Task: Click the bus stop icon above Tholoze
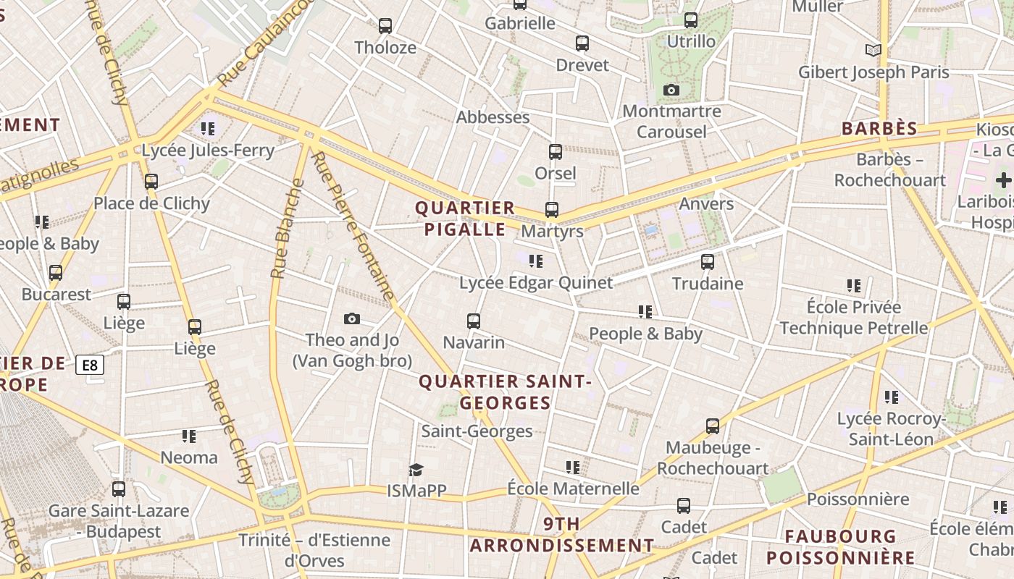point(385,26)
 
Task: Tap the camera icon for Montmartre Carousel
point(671,90)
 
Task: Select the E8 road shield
point(90,365)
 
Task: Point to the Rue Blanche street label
point(287,228)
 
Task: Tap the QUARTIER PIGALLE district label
point(465,219)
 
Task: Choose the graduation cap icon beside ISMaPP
point(416,470)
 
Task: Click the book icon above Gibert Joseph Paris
point(873,50)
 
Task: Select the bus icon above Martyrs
point(552,210)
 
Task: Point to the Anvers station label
point(706,204)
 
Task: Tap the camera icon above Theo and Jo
point(352,318)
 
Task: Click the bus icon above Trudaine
point(708,262)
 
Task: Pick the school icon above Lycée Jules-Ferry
point(208,129)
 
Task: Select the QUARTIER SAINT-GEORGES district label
point(506,392)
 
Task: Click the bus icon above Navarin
point(474,321)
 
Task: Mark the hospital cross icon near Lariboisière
point(1004,179)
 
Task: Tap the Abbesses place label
point(493,117)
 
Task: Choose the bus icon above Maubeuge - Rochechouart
point(713,426)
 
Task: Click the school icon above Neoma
point(189,436)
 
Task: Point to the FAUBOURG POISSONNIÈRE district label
point(841,547)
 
